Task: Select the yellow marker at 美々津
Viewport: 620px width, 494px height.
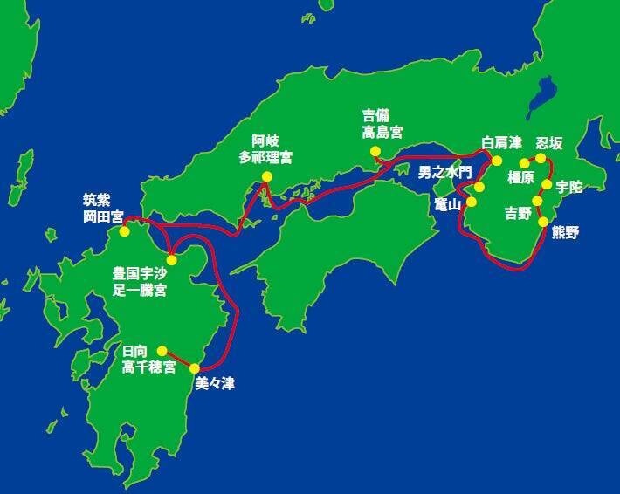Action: pos(194,367)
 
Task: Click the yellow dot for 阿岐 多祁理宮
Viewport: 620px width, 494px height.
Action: pos(267,177)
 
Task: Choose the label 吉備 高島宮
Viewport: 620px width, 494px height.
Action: pos(383,123)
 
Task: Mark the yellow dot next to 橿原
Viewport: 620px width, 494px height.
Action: pos(525,163)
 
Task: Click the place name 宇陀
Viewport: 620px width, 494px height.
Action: pos(568,186)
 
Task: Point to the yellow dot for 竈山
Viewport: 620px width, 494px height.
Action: pos(472,202)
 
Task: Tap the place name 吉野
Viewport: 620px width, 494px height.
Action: pos(518,212)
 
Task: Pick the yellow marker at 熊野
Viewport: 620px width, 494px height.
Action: pos(543,222)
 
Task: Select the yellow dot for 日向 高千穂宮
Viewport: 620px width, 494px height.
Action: pos(162,350)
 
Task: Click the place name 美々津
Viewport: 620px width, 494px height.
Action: pos(214,382)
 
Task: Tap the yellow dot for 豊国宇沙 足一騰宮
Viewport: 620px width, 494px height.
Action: pos(172,258)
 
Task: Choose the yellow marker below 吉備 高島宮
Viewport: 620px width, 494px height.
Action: pos(375,151)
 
